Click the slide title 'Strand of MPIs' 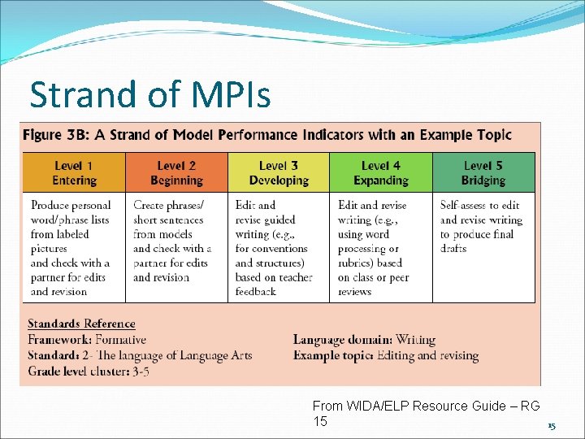pos(150,95)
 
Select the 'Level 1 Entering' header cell pos(74,172)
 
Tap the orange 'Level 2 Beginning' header pos(176,172)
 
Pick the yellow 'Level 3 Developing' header pos(279,172)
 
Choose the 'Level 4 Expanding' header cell pos(381,172)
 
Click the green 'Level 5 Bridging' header pos(483,172)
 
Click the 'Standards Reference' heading pos(82,324)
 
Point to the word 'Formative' pos(119,339)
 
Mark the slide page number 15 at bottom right pos(551,426)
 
